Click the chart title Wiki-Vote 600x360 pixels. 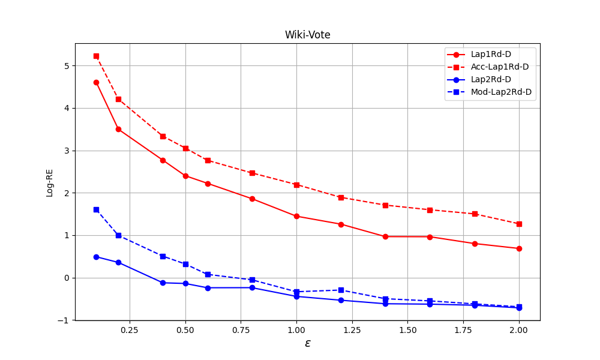tap(307, 35)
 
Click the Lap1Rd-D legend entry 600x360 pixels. tap(491, 54)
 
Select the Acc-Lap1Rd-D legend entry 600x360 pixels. tap(500, 67)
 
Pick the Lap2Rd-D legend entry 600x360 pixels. tap(491, 79)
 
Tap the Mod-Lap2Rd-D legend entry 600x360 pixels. tap(501, 92)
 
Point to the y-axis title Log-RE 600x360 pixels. tap(50, 182)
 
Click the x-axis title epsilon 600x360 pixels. tap(308, 343)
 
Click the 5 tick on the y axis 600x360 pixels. tap(67, 65)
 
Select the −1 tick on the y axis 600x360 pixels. tap(65, 320)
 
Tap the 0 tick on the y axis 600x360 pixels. tap(67, 278)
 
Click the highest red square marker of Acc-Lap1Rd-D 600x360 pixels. tap(96, 56)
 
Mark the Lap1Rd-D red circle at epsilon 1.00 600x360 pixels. tap(296, 216)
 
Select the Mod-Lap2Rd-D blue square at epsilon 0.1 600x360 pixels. tap(96, 209)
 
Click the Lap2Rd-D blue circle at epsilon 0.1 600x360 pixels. tap(96, 257)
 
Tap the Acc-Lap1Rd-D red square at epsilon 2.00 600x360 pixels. tap(519, 224)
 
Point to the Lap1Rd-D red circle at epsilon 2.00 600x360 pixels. tap(519, 248)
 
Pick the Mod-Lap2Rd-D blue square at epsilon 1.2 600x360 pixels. tap(341, 290)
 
